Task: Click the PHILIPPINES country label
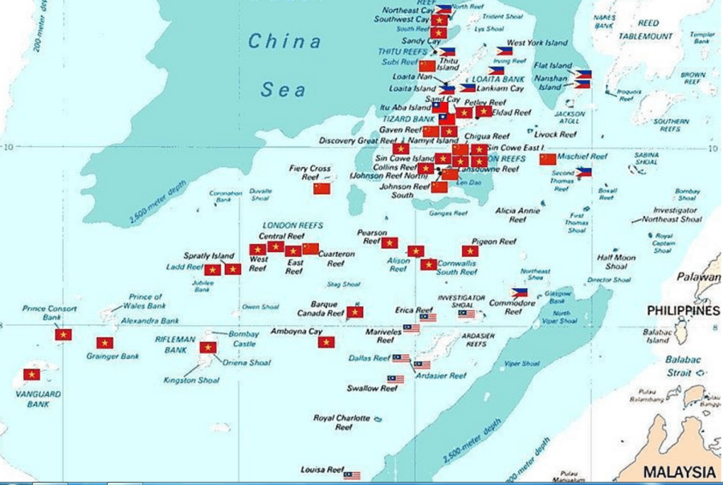tap(684, 311)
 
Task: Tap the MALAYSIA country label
tap(680, 471)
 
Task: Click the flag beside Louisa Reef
tap(352, 475)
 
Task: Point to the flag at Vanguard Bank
tap(31, 374)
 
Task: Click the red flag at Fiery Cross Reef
tap(321, 189)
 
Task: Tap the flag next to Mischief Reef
tap(548, 159)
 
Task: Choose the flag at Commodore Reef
tap(520, 293)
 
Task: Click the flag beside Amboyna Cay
tap(325, 343)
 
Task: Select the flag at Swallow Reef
tap(396, 379)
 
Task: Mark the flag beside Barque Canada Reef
tap(355, 312)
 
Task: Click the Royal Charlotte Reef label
tap(341, 422)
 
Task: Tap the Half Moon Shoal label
tap(616, 262)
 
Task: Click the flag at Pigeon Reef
tap(471, 251)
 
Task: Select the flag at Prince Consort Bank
tap(63, 334)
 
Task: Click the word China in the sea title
tap(284, 42)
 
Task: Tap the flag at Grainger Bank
tap(104, 343)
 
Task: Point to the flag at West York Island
tap(504, 51)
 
